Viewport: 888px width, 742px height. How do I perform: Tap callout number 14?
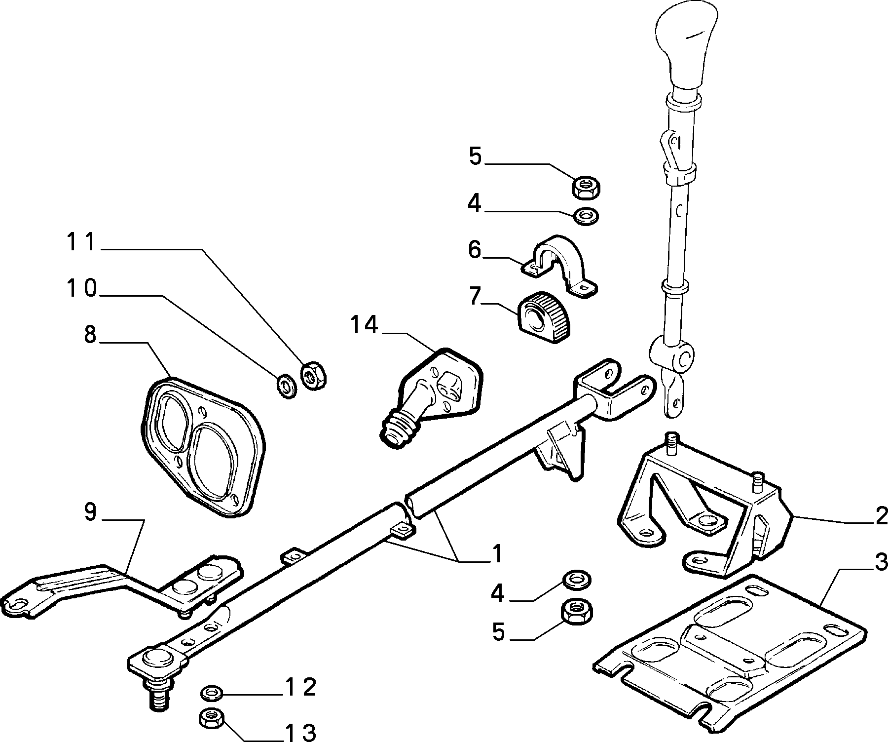pos(365,326)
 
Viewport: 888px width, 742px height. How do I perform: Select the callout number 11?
pos(81,243)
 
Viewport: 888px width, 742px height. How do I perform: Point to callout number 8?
pos(90,335)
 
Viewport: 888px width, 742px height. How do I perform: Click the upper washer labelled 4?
pos(586,215)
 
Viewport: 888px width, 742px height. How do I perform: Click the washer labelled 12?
pos(212,693)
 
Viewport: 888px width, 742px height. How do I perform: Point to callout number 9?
pos(90,512)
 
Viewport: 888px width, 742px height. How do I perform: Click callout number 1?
pos(497,554)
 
